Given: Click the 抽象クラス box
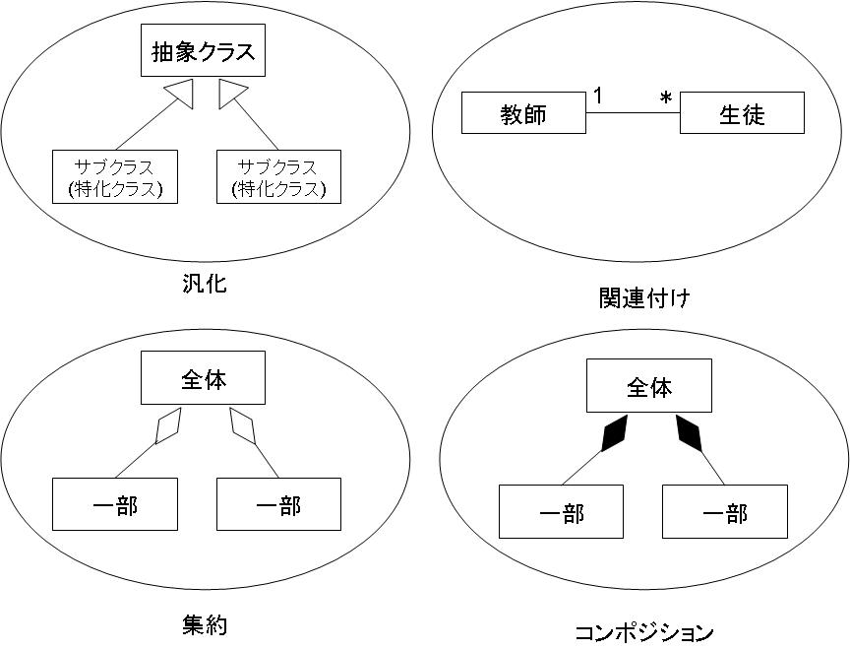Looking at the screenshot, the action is click(x=203, y=50).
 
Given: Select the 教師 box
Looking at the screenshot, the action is click(x=523, y=113).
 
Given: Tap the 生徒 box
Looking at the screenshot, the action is click(x=742, y=113).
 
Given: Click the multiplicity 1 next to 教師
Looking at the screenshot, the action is click(x=598, y=96).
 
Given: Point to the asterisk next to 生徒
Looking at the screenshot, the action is click(x=666, y=98).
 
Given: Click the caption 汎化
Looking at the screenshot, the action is click(x=205, y=284).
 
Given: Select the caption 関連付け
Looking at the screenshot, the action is click(x=645, y=297).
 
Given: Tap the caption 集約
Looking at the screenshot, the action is click(x=205, y=625).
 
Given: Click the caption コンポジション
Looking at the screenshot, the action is click(x=644, y=632).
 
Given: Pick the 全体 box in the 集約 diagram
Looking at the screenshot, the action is click(x=203, y=377).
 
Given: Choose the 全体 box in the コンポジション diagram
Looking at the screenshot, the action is click(x=649, y=385).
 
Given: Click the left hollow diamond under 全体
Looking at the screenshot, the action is click(x=168, y=425).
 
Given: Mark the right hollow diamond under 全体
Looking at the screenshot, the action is click(x=242, y=426).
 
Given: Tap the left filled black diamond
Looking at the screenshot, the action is click(x=614, y=433).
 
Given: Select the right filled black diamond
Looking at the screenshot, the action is click(x=689, y=433).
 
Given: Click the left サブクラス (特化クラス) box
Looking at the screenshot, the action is click(x=115, y=177).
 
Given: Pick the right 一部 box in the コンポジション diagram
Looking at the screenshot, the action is click(x=725, y=512).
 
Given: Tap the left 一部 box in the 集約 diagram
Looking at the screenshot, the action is click(x=115, y=504).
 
